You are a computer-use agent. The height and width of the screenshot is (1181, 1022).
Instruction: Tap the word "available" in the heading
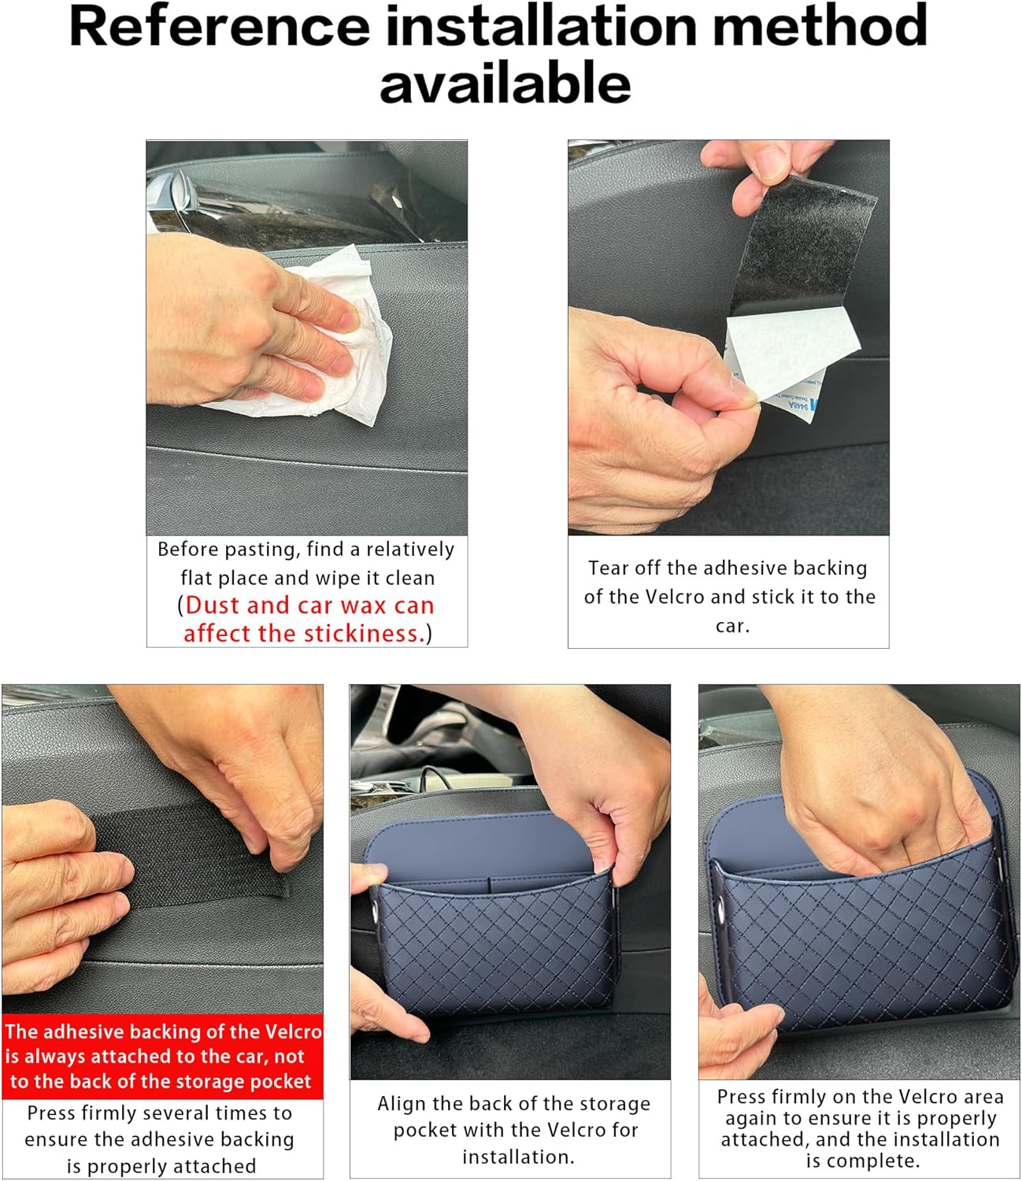(505, 83)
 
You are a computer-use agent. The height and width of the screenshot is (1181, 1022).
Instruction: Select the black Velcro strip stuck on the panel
(188, 857)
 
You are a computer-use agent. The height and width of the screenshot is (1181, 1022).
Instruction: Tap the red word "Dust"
(212, 605)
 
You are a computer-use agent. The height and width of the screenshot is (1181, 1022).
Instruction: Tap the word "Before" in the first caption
(188, 549)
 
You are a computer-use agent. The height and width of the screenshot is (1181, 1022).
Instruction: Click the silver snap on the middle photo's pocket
(376, 909)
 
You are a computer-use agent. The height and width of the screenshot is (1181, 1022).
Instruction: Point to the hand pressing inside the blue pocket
(879, 800)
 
